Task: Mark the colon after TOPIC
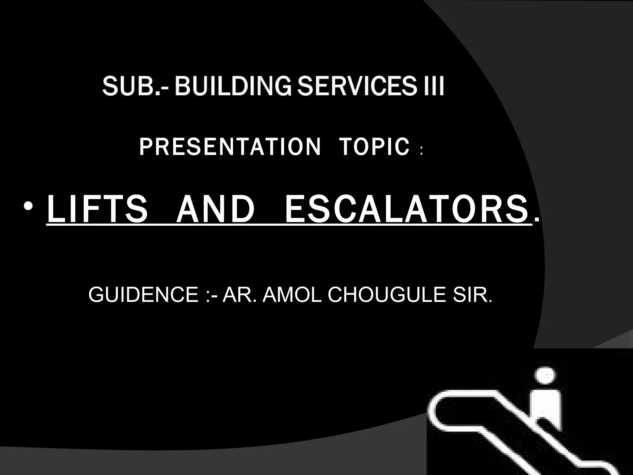pyautogui.click(x=422, y=152)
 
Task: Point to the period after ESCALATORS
pyautogui.click(x=537, y=220)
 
